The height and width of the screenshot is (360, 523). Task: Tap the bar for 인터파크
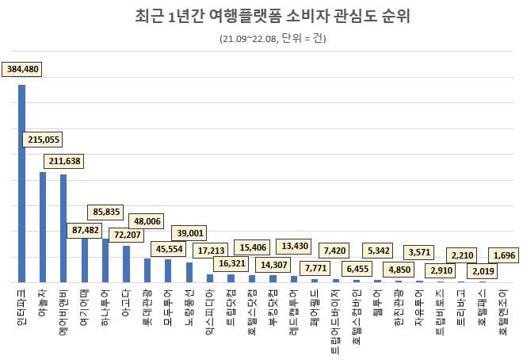point(22,183)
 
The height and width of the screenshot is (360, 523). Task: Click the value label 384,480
point(23,69)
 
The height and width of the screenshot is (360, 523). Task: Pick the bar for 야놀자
point(43,227)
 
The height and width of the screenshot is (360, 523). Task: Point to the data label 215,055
point(44,140)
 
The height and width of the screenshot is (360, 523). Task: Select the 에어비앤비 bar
point(63,228)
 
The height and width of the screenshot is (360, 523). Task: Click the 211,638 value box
point(64,162)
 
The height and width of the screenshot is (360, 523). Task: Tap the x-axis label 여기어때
point(84,306)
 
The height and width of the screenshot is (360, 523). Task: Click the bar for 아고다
point(126,264)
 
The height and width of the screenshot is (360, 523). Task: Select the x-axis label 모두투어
point(167,306)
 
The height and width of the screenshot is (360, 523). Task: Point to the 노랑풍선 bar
point(189,272)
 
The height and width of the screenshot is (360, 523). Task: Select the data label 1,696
point(503,255)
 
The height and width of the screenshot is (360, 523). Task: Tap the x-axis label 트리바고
point(460,306)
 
